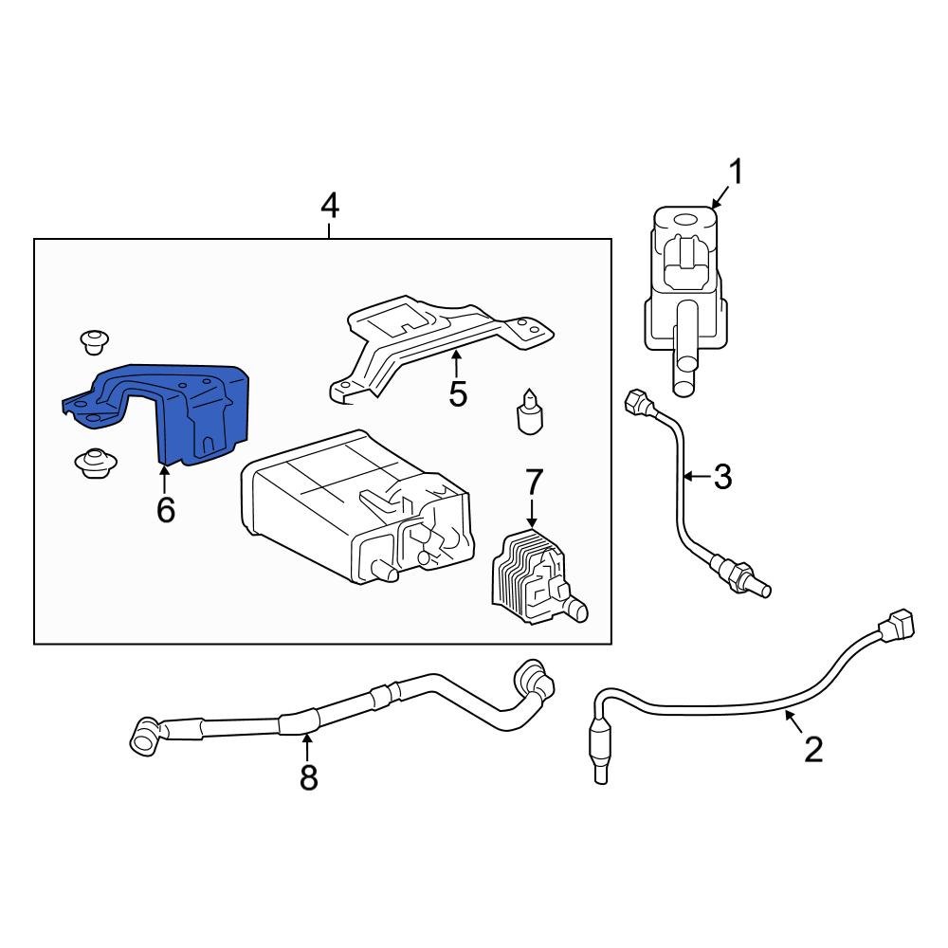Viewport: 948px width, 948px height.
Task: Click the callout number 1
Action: click(x=736, y=173)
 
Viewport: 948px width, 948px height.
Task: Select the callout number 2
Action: click(x=813, y=750)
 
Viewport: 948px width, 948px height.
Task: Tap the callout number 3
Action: click(x=722, y=477)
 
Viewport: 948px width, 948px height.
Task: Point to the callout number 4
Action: click(x=329, y=205)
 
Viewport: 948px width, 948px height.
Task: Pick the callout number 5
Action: click(x=458, y=393)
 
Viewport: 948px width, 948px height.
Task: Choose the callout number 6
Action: click(x=165, y=510)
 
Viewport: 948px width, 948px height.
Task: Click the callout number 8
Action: click(x=308, y=777)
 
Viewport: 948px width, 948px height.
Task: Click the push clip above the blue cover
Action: click(x=94, y=343)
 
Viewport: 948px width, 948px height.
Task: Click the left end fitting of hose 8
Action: click(x=144, y=738)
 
